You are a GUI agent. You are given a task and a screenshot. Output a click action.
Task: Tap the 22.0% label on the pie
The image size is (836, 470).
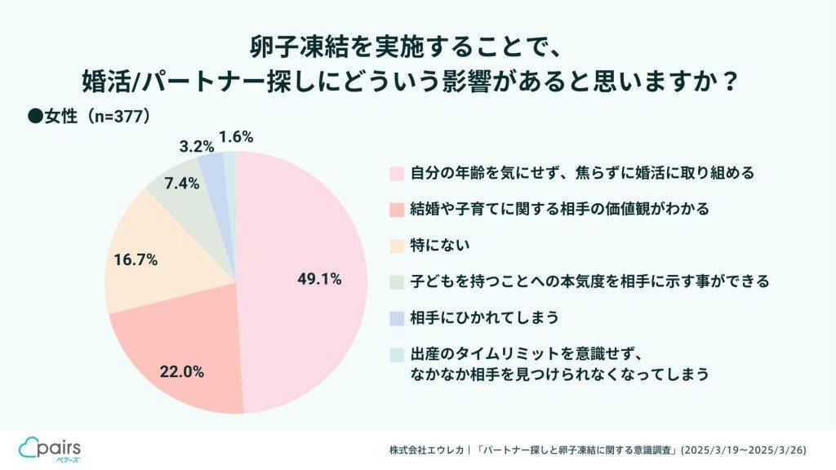(x=182, y=371)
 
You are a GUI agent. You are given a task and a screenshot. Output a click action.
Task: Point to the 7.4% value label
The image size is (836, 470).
(x=181, y=183)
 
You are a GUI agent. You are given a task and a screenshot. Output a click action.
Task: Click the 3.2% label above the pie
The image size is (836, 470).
(x=196, y=147)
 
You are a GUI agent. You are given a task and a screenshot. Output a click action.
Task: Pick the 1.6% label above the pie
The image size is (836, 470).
(x=237, y=136)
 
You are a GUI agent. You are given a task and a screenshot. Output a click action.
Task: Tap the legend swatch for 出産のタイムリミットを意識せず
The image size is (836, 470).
(x=397, y=354)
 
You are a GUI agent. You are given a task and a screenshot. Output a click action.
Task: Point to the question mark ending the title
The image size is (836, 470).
(x=731, y=82)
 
